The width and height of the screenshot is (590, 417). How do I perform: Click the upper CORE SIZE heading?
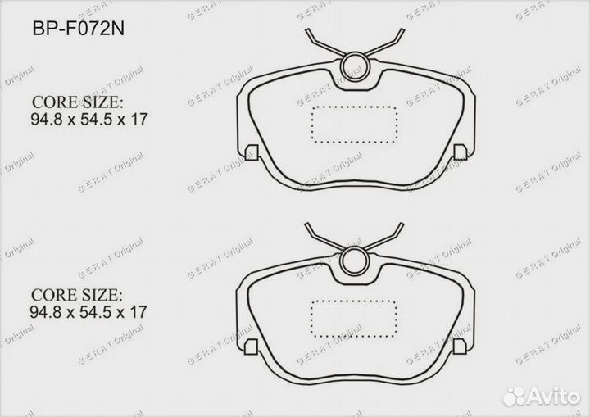tap(77, 103)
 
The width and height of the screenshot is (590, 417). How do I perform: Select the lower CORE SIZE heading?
tap(77, 294)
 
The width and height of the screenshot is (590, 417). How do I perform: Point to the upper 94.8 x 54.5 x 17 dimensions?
tap(90, 120)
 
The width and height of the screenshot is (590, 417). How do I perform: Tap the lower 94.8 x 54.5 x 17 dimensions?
tap(90, 311)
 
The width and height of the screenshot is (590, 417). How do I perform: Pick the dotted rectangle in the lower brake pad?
tap(354, 317)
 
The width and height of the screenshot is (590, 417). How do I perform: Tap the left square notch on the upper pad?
tap(252, 152)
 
